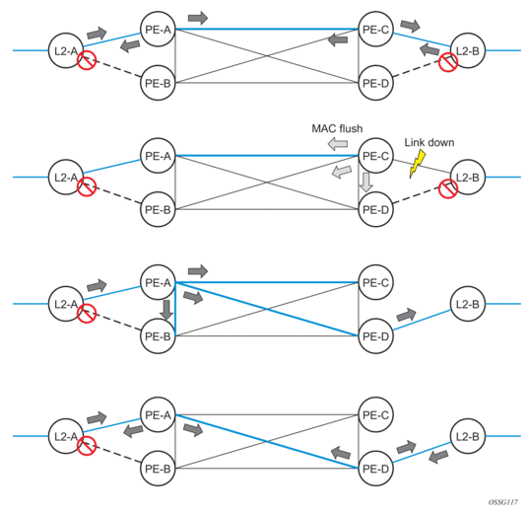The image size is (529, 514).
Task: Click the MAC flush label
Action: (x=337, y=128)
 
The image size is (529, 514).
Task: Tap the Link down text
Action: (x=430, y=142)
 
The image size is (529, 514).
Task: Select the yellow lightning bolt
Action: (x=417, y=164)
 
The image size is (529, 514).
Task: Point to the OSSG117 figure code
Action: (x=502, y=502)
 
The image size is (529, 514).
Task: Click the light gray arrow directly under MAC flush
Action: (x=338, y=144)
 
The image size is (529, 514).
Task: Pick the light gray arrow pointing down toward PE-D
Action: (x=365, y=183)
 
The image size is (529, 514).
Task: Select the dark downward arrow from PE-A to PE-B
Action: (x=166, y=310)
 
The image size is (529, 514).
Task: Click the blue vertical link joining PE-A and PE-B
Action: (x=175, y=309)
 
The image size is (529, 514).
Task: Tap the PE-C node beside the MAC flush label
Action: (x=375, y=156)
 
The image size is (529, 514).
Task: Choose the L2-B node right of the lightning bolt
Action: (x=468, y=177)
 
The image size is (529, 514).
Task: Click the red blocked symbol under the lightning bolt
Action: (x=448, y=188)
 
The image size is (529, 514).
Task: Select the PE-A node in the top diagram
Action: (x=158, y=30)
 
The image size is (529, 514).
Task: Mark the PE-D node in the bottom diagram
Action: (x=375, y=469)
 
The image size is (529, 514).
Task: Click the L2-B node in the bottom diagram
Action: (x=468, y=436)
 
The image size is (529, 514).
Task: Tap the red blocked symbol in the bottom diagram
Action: (x=87, y=445)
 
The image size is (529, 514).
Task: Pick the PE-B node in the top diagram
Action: (x=158, y=83)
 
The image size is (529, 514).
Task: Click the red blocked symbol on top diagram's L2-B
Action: (x=448, y=62)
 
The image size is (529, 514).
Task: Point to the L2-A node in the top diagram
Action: (x=66, y=50)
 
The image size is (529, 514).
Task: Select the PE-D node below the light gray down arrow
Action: (x=375, y=209)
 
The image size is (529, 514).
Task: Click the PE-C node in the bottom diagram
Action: (x=375, y=414)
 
